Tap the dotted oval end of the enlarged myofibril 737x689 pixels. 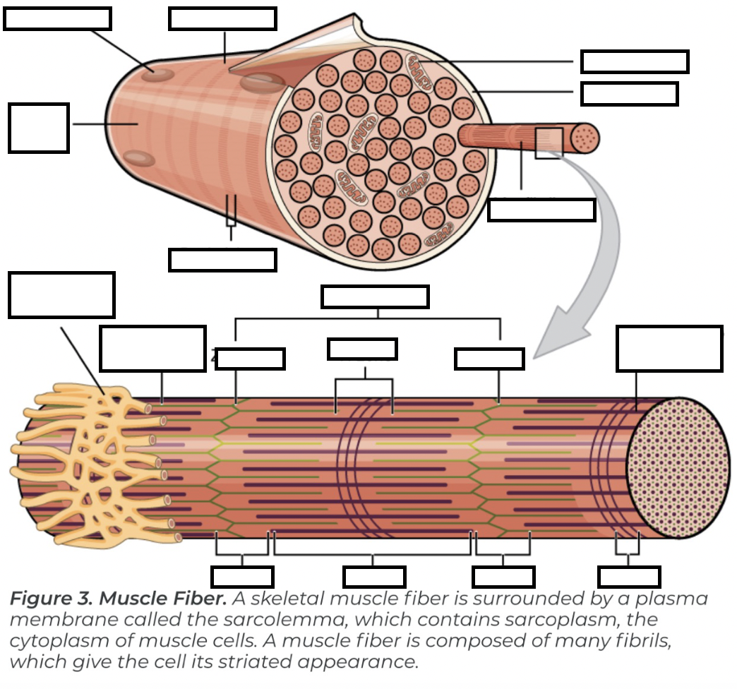tap(678, 466)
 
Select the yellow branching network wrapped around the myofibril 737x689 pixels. tap(92, 459)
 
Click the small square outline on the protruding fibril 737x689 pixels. tap(549, 143)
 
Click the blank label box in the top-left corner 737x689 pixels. tap(57, 19)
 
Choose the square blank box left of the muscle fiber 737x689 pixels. tap(39, 128)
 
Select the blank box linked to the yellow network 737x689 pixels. tap(62, 295)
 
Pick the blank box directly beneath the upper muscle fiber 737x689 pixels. tap(222, 260)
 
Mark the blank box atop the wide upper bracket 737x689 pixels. tap(375, 296)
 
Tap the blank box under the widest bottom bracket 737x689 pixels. tap(374, 577)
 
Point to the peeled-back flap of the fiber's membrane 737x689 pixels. tap(296, 53)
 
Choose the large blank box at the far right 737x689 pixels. tap(669, 349)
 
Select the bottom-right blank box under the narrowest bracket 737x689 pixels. tap(629, 577)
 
